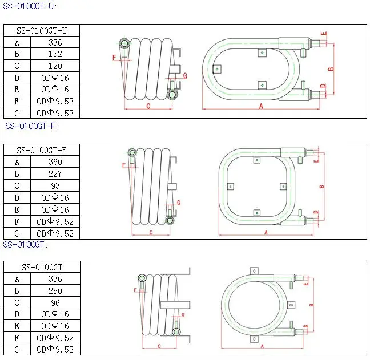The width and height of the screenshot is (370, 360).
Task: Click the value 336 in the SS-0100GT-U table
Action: tap(55, 42)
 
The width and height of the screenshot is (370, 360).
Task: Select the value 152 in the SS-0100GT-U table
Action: tap(55, 54)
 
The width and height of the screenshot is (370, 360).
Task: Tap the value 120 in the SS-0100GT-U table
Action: tap(55, 66)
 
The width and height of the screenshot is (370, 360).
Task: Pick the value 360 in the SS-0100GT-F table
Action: tap(55, 161)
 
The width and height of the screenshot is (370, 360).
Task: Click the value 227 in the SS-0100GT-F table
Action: tap(55, 174)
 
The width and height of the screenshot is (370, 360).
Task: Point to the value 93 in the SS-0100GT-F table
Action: tap(55, 186)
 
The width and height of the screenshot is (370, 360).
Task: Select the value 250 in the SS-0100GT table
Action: tap(55, 291)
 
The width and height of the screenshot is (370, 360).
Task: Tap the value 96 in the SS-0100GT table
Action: tap(55, 302)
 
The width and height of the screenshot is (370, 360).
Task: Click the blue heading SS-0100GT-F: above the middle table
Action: tap(32, 126)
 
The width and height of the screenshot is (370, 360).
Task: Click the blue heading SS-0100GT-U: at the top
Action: tap(30, 6)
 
